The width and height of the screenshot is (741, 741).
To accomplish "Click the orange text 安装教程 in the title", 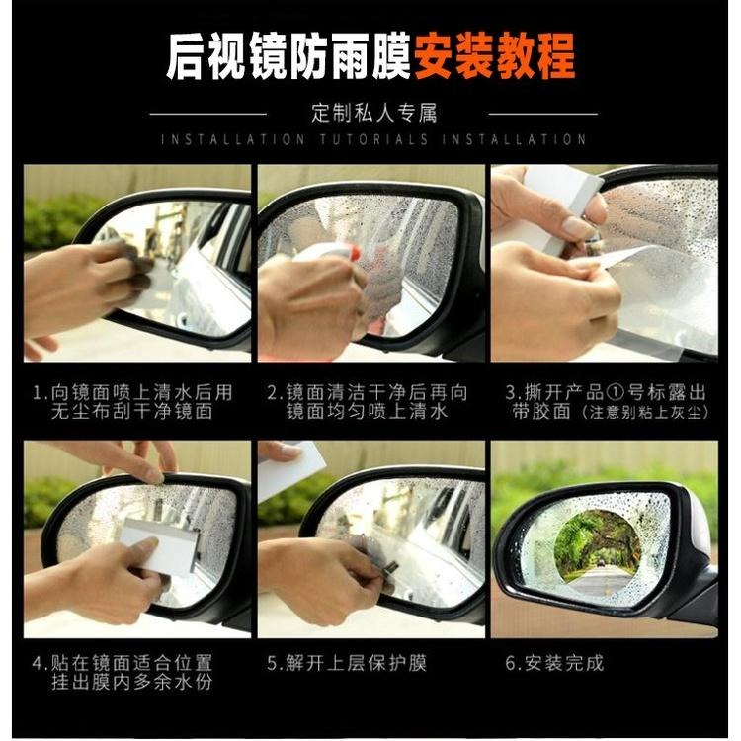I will [x=494, y=58].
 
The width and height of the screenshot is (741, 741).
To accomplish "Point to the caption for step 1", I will [x=132, y=401].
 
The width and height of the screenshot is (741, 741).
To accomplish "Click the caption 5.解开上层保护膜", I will [x=347, y=663].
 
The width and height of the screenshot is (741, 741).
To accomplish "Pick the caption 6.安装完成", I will [x=554, y=663].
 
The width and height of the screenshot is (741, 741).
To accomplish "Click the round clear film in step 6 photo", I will [x=597, y=551].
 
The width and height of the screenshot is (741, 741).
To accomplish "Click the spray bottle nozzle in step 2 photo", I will [x=336, y=252].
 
